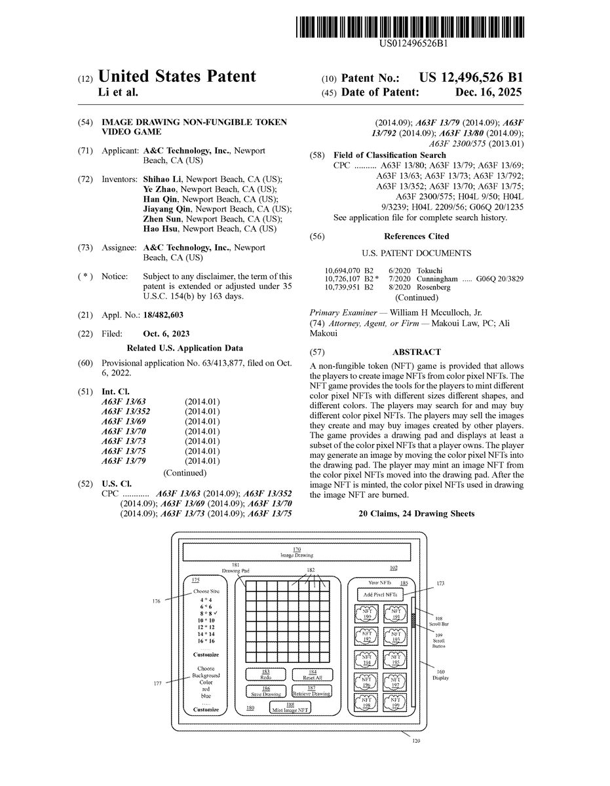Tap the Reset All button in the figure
[x=312, y=674]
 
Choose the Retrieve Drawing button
[x=312, y=691]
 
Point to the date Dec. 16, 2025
[x=488, y=93]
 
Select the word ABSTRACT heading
[x=416, y=352]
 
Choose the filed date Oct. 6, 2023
[x=166, y=333]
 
